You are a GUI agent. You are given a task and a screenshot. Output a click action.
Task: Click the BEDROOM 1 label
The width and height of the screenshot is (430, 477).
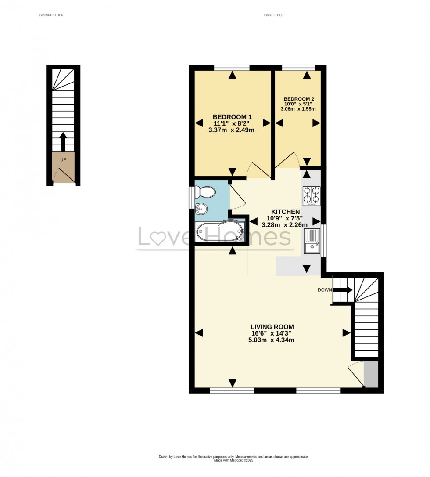point(232,116)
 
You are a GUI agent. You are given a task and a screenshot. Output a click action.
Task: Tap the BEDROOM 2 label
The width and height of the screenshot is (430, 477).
point(299,99)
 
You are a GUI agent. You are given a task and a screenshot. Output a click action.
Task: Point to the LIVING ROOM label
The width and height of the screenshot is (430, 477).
point(272,327)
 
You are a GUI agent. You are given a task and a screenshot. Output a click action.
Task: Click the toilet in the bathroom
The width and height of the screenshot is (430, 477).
point(205,192)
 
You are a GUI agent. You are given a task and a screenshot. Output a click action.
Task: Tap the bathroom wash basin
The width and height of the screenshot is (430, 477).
point(201,209)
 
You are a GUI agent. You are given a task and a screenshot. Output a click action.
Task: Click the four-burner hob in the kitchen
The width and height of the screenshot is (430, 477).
point(312,196)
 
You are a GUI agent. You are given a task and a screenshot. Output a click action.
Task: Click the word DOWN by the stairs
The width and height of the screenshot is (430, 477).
point(325,290)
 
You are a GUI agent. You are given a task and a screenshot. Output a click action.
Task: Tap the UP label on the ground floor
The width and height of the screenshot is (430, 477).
point(63,159)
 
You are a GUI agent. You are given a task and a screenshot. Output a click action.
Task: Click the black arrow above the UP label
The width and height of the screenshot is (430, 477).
point(63,141)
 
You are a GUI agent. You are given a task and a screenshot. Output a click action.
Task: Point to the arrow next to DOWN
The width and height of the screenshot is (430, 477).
point(343,290)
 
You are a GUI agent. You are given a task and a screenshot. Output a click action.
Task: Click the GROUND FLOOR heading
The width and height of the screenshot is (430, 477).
point(51,15)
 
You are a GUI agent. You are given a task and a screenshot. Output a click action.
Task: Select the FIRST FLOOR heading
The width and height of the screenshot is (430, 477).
point(274,15)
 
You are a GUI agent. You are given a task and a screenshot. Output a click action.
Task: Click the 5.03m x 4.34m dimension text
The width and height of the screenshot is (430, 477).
point(272,340)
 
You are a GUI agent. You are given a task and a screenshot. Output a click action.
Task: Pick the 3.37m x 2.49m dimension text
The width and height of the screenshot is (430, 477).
point(232,130)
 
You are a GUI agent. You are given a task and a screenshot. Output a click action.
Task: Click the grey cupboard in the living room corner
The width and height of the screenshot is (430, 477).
point(371,374)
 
